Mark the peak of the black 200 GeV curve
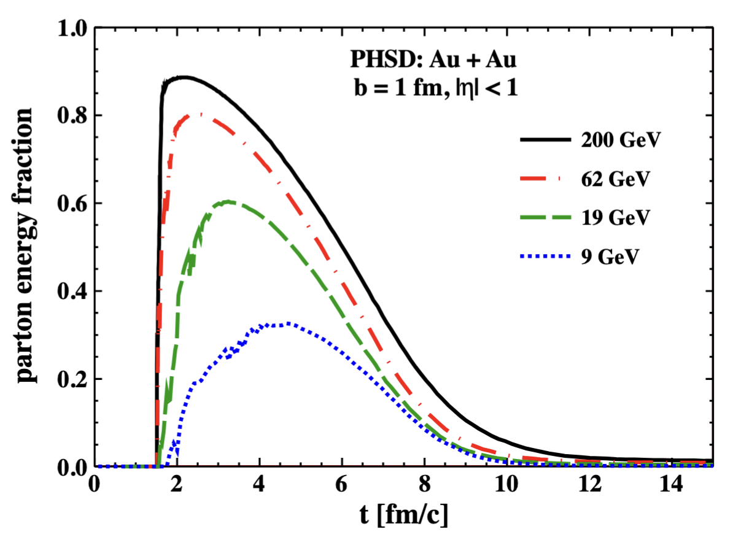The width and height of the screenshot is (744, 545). click(182, 77)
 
